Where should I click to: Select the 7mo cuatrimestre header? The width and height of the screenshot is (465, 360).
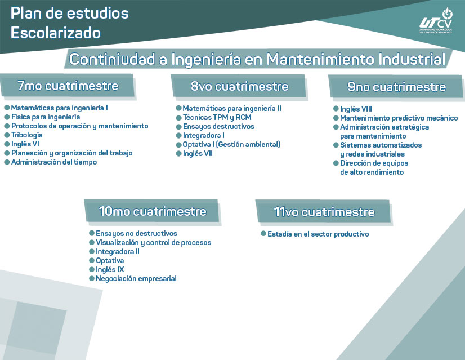point(68,86)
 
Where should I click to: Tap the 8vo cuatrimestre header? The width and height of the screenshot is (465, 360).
point(239,86)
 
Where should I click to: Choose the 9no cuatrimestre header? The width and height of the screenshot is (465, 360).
point(396,87)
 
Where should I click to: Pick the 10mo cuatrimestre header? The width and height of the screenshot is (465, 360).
point(152,211)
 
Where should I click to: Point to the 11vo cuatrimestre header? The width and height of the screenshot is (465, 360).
point(324,212)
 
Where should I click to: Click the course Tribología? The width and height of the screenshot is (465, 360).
point(26,135)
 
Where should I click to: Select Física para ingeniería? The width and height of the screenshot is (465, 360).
point(46,117)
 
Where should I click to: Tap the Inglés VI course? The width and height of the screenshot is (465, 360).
point(25,144)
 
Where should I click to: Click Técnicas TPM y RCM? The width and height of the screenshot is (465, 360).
point(217,118)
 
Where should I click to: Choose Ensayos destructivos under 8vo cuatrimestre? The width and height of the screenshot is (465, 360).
point(218,126)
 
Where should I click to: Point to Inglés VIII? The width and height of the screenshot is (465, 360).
point(356,109)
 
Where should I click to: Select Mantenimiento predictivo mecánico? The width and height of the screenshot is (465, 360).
point(399,118)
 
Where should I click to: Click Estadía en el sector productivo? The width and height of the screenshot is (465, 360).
point(318,234)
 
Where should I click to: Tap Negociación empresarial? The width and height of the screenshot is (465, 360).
point(136,279)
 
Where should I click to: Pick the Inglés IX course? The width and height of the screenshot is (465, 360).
point(110,269)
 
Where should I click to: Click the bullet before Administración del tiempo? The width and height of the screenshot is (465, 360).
point(7,162)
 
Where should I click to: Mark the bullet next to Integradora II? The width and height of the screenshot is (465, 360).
point(92,252)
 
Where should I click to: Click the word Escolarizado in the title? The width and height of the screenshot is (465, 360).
point(56,33)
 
